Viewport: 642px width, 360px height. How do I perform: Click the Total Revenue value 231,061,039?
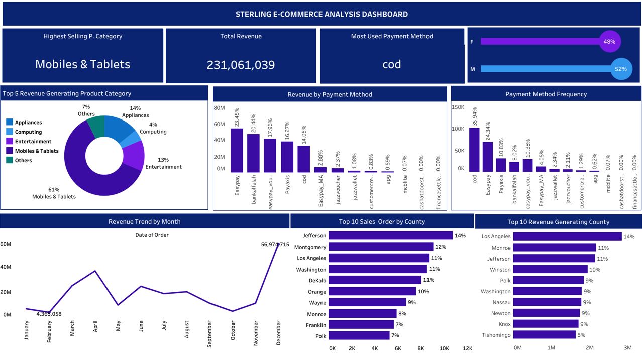241,65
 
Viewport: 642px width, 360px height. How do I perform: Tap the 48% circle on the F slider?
609,42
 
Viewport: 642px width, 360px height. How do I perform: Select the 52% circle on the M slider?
621,69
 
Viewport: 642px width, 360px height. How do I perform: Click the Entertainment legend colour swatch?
10,142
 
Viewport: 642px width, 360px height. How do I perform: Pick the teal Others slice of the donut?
96,126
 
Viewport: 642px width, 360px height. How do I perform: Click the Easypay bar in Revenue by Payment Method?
237,150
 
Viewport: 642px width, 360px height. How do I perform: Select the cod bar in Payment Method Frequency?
474,150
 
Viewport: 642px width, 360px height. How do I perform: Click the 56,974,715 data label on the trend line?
275,245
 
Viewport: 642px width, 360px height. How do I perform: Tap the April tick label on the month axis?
95,326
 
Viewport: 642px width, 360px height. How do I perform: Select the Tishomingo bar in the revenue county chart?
545,335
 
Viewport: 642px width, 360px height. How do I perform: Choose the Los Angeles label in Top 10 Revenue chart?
496,236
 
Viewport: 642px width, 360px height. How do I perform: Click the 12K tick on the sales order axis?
467,348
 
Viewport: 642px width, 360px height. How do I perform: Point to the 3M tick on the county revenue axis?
627,347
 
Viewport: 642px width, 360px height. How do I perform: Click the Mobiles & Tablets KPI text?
82,64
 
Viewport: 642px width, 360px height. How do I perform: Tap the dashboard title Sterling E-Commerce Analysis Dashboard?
322,14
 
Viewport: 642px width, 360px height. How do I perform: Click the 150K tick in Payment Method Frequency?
458,107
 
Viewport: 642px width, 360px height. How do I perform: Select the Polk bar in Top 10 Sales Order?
359,336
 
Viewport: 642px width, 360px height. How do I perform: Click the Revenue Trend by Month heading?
145,221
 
